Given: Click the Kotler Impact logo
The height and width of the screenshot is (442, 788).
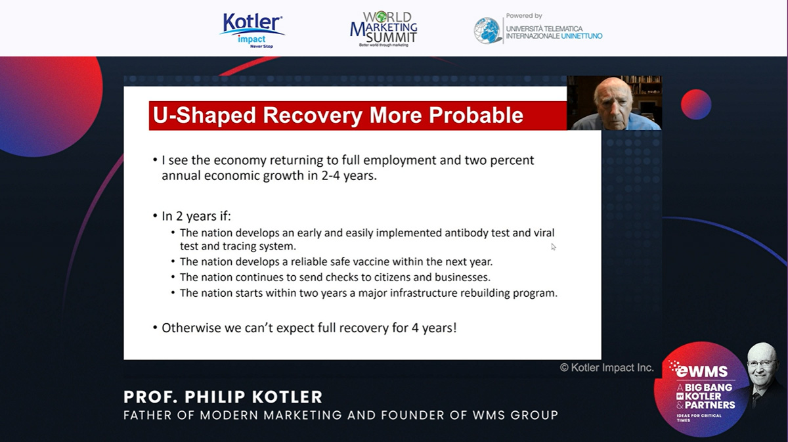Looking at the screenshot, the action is click(x=252, y=30).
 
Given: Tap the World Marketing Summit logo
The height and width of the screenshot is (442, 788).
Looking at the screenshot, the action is click(x=383, y=29).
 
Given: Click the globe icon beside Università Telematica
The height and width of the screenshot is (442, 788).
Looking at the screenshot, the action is click(x=487, y=31).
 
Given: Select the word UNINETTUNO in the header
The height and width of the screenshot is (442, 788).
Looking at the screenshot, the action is click(x=582, y=36).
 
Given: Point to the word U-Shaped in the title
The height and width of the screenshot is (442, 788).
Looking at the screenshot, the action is click(x=204, y=116).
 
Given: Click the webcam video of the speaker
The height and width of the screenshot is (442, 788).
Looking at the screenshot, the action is click(x=614, y=102).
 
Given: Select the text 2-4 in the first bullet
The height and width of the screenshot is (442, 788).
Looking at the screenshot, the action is click(x=331, y=175).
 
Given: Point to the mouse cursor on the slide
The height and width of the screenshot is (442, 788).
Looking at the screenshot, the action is click(x=554, y=247).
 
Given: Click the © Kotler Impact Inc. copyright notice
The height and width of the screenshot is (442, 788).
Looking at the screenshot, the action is click(x=607, y=368).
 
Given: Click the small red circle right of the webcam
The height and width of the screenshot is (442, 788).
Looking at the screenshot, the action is click(x=696, y=104).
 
